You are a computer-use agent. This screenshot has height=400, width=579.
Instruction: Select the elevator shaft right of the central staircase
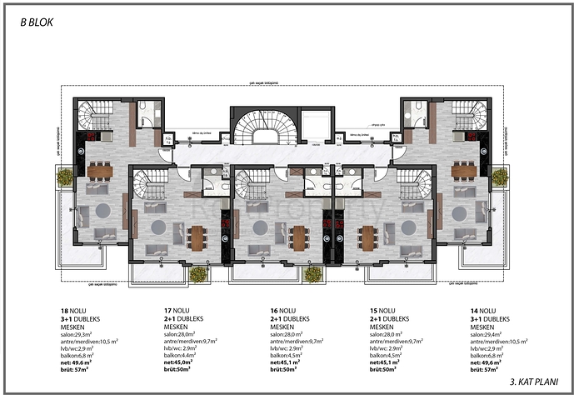tap(318, 125)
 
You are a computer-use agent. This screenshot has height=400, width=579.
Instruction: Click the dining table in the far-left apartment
tap(100, 172)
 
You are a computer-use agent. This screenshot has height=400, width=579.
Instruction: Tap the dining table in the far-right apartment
tap(462, 172)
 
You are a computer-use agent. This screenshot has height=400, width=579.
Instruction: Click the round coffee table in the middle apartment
tap(261, 227)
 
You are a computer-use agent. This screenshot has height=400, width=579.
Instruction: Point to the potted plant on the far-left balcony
tap(65, 177)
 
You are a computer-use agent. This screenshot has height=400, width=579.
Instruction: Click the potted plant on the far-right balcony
tap(499, 177)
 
